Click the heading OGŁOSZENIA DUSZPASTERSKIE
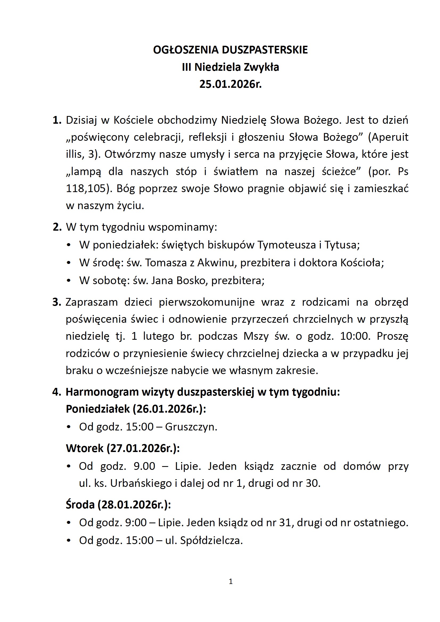[x=230, y=50]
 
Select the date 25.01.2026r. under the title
[x=230, y=84]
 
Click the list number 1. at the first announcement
[x=57, y=120]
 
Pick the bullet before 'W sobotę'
[x=69, y=281]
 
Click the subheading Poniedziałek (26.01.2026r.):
[x=136, y=409]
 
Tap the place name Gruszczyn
[x=191, y=427]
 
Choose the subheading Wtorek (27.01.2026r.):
[x=122, y=448]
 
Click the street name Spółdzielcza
[x=211, y=540]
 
